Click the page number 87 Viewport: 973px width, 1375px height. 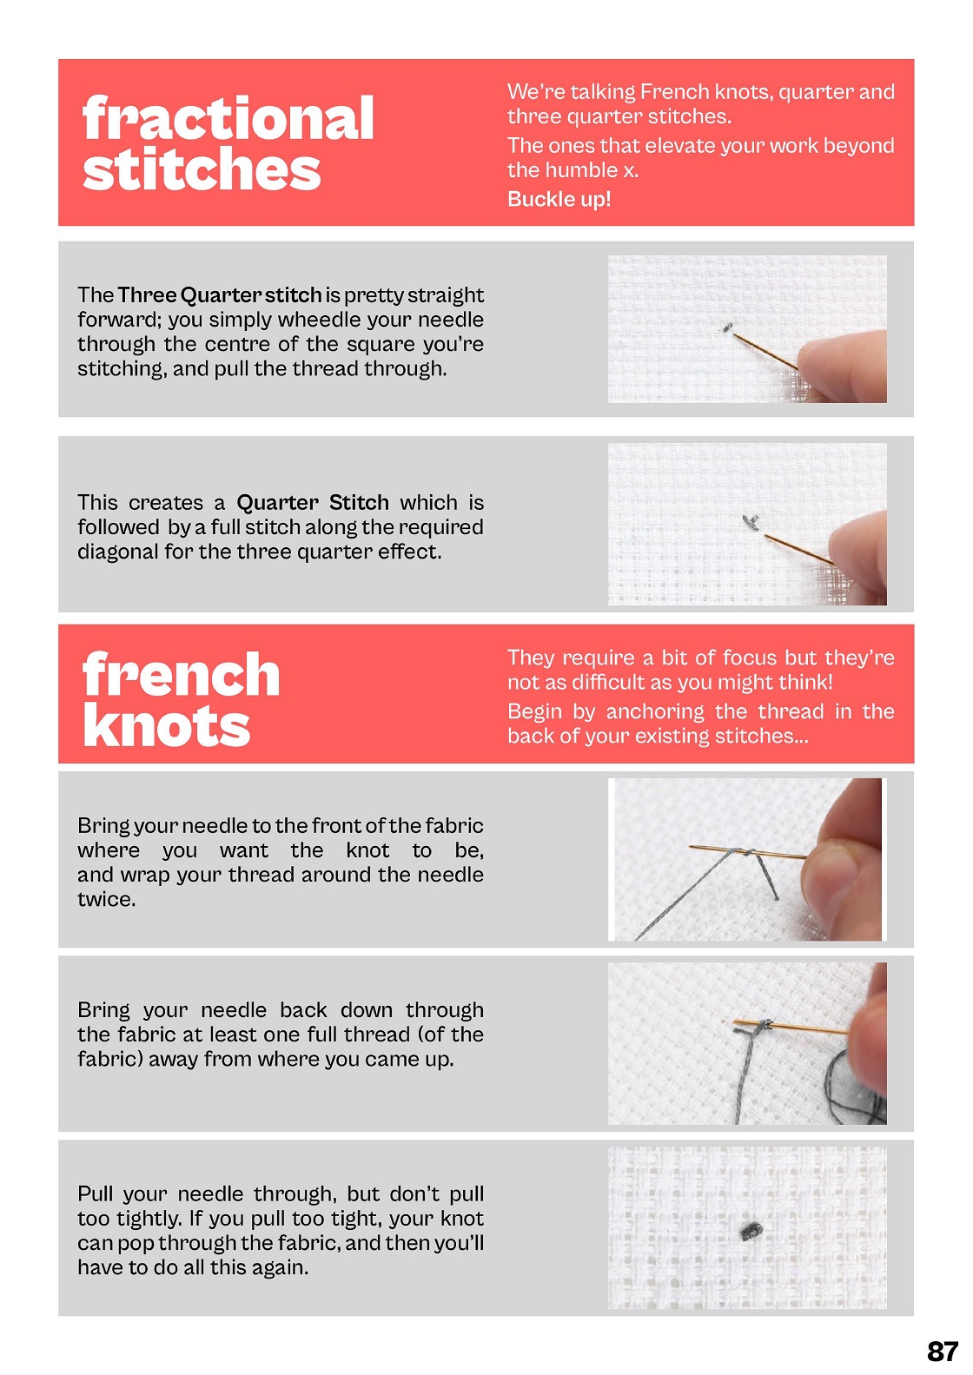coord(943,1351)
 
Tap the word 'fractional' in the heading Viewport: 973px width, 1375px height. coord(228,118)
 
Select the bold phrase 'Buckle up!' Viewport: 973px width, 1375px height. coord(559,199)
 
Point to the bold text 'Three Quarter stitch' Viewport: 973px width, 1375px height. coord(220,294)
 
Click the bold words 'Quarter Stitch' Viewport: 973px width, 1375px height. coord(313,502)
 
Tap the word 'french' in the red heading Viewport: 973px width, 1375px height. coord(181,674)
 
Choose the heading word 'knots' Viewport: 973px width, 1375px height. coord(166,725)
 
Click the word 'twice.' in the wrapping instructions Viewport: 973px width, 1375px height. coord(106,899)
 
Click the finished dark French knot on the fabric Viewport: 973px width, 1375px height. coord(751,1230)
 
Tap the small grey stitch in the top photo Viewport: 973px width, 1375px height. coord(726,327)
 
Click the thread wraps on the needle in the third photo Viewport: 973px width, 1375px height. coord(744,852)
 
